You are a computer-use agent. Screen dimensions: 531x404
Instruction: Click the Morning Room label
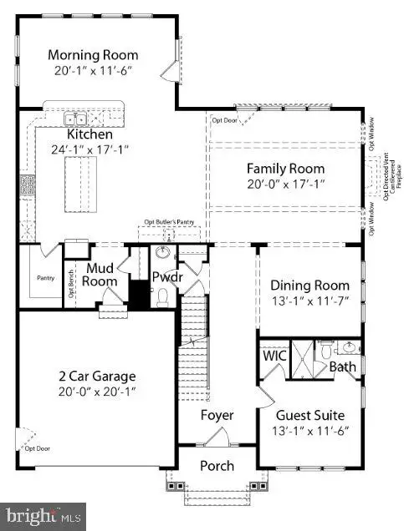pyautogui.click(x=93, y=55)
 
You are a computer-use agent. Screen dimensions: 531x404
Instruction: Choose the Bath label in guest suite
pyautogui.click(x=342, y=366)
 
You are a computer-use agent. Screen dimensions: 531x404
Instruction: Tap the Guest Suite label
pyautogui.click(x=310, y=414)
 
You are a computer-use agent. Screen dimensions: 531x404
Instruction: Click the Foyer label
pyautogui.click(x=217, y=415)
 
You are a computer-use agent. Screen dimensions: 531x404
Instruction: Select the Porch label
pyautogui.click(x=216, y=465)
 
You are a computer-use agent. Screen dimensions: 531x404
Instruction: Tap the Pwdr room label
pyautogui.click(x=166, y=276)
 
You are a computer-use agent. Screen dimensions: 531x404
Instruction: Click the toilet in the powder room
pyautogui.click(x=165, y=296)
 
